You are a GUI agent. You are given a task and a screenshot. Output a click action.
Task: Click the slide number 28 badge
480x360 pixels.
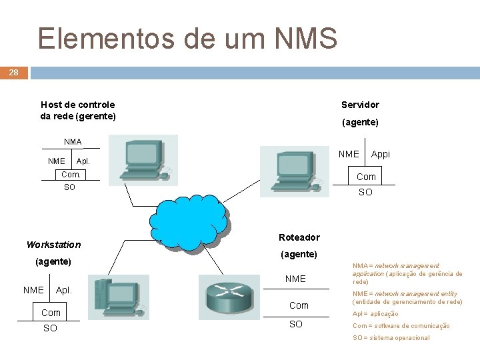click(13, 72)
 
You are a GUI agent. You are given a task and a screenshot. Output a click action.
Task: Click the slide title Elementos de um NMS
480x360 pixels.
click(187, 39)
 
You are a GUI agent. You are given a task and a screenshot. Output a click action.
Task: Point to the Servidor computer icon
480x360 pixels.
click(294, 171)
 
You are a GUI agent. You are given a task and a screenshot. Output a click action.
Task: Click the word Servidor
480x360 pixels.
click(360, 105)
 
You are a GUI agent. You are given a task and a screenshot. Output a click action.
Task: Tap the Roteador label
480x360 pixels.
click(299, 237)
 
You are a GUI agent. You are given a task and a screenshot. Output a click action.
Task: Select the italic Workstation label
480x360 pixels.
click(53, 245)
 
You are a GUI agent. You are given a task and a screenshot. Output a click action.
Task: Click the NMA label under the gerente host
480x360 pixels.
click(73, 142)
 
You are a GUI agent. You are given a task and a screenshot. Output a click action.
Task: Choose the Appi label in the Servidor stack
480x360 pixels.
click(380, 154)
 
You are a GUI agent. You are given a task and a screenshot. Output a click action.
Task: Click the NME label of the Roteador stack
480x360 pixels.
click(295, 279)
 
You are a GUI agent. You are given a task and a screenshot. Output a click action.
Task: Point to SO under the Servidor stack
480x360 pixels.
click(365, 192)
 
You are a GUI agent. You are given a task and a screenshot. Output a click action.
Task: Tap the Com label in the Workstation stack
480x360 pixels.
click(51, 313)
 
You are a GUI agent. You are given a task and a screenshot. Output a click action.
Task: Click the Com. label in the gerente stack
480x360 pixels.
click(71, 175)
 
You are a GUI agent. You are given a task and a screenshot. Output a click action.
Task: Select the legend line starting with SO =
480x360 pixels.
click(391, 338)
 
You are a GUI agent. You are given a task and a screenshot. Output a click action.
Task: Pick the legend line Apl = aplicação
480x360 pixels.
click(375, 314)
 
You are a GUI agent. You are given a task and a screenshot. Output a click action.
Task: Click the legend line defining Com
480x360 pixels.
click(401, 326)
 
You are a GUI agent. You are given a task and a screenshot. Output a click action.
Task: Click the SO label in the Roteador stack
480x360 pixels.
click(295, 324)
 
